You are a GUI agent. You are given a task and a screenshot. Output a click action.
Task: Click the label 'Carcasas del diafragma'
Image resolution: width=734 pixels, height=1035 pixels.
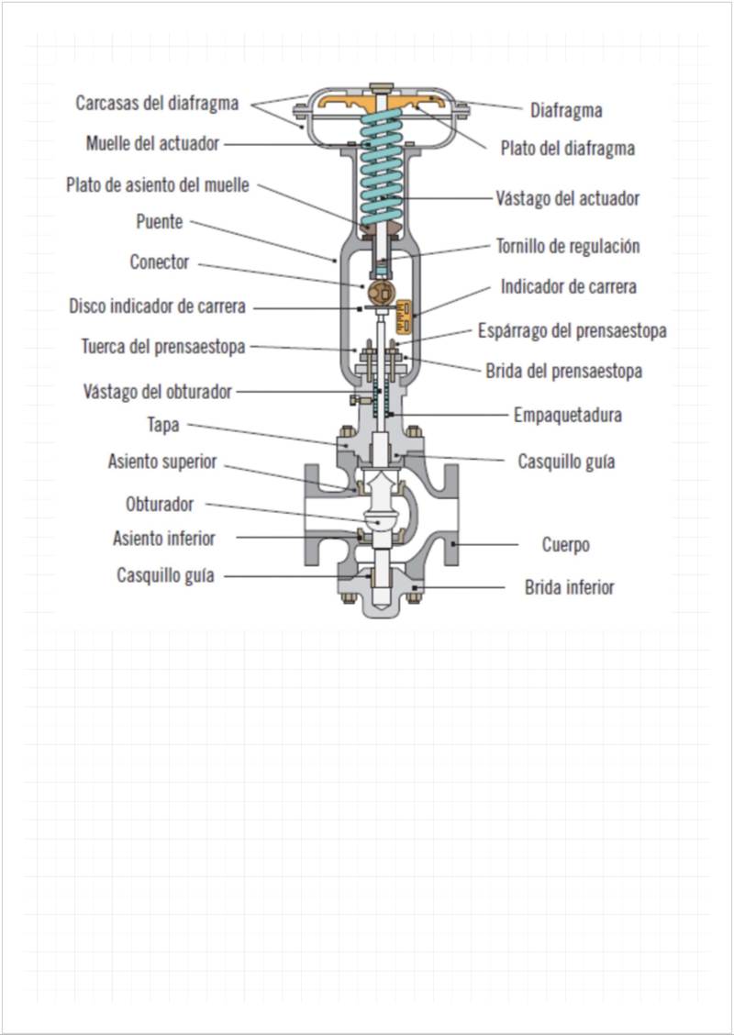(x=157, y=103)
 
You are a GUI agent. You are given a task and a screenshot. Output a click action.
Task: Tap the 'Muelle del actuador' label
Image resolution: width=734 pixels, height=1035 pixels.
(x=152, y=144)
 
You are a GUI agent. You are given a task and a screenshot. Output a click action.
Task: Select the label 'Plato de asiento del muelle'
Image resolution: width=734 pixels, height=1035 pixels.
(x=157, y=184)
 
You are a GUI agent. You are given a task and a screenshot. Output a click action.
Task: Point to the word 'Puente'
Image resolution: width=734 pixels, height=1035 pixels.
(x=160, y=222)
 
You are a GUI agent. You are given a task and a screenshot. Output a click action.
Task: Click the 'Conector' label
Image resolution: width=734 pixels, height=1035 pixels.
(x=160, y=262)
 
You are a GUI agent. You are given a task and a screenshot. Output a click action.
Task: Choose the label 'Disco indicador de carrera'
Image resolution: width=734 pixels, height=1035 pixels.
(x=157, y=306)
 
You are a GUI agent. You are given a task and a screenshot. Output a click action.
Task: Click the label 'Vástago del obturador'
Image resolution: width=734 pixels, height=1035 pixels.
(x=157, y=392)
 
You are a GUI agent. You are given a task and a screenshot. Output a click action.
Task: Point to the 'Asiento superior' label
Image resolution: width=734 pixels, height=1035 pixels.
(x=162, y=462)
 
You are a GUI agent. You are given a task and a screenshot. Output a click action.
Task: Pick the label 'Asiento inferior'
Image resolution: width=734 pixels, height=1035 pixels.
(x=164, y=538)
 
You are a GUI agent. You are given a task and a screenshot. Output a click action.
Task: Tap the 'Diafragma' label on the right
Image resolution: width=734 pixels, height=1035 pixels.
(x=566, y=111)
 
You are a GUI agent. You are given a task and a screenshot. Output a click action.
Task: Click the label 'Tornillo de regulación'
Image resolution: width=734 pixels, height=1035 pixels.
(x=567, y=246)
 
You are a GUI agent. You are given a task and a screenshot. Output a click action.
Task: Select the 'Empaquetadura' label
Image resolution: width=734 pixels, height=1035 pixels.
(x=567, y=415)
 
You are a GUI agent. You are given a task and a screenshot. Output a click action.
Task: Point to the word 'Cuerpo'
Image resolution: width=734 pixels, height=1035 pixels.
(x=565, y=545)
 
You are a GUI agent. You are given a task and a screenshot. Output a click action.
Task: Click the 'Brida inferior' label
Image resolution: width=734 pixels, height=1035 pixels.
(x=569, y=587)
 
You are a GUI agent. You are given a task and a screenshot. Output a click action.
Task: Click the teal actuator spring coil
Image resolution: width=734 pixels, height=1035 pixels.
(x=375, y=174)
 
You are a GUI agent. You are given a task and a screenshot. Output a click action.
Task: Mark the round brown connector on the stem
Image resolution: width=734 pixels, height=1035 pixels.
(x=379, y=292)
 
